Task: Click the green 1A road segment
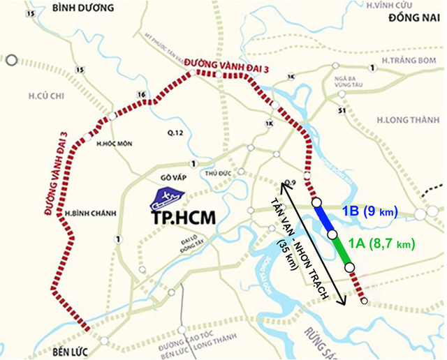pyautogui.click(x=342, y=250)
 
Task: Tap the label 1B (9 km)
pyautogui.click(x=369, y=211)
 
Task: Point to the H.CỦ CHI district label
pyautogui.click(x=36, y=94)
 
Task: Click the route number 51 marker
pyautogui.click(x=342, y=110)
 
